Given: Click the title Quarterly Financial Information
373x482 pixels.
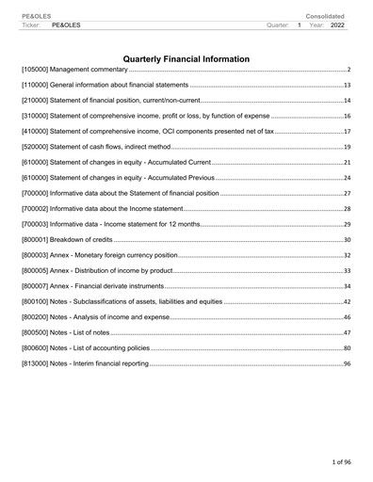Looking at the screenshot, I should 186,59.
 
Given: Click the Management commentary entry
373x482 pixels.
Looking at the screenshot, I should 74,71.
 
